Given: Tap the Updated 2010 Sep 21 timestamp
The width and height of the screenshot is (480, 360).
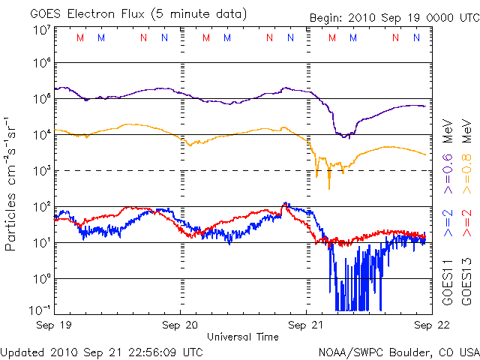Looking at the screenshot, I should [x=102, y=351].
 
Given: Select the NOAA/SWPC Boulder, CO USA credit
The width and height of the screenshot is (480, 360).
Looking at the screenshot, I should [x=398, y=351].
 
